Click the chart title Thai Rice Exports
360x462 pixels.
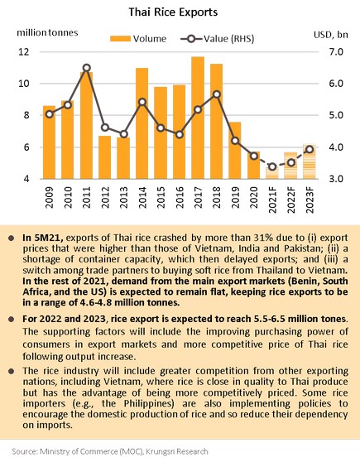pos(173,12)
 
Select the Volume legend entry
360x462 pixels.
pos(138,39)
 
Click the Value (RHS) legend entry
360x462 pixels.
pos(218,39)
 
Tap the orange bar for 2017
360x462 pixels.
pos(198,118)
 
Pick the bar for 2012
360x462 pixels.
pos(104,157)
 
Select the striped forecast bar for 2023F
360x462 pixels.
pos(310,161)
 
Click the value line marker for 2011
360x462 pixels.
pos(87,68)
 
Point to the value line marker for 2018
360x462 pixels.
pos(217,94)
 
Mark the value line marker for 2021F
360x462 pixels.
pos(272,166)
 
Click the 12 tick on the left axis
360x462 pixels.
pos(24,52)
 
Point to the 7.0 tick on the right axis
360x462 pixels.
pos(336,52)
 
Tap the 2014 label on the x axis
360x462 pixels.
pos(142,197)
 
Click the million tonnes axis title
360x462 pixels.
pos(47,32)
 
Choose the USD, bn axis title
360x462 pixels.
pos(331,35)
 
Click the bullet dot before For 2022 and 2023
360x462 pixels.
pos(12,319)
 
